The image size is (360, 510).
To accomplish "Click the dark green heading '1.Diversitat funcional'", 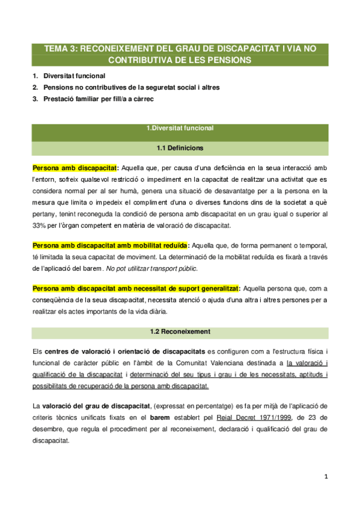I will [x=180, y=128].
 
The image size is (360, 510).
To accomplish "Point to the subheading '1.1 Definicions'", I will [x=180, y=147].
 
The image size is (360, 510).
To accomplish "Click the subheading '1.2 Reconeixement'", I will [x=180, y=331].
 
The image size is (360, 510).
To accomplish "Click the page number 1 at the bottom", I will [x=325, y=477].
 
